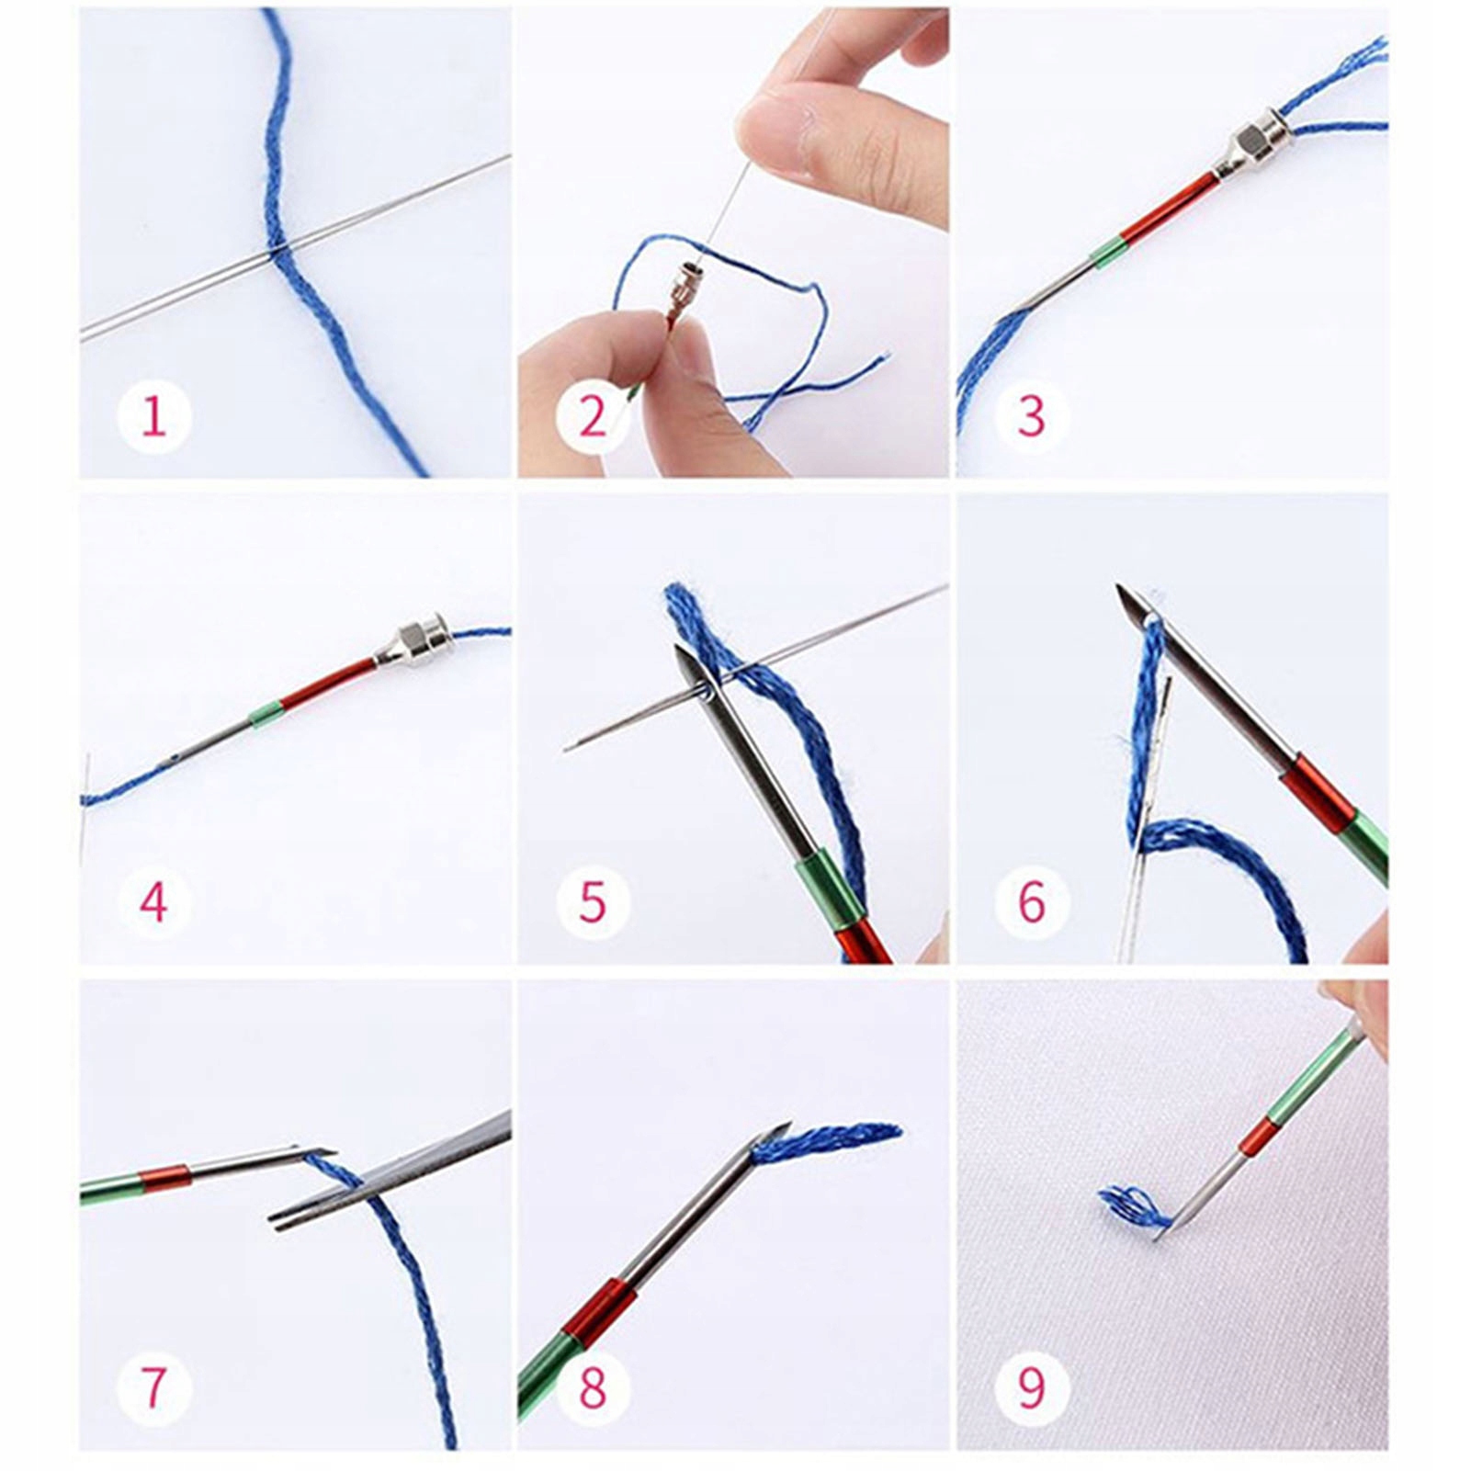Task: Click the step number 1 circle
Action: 153,416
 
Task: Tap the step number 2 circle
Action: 594,416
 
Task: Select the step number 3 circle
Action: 1032,416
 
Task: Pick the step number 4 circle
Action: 153,901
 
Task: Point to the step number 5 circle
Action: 594,901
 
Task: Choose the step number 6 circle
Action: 1032,901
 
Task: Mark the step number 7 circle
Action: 153,1386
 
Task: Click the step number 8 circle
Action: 594,1386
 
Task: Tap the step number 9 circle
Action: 1032,1386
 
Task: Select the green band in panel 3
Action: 1107,251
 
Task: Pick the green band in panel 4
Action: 266,714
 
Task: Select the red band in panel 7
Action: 165,1177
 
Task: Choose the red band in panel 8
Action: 599,1311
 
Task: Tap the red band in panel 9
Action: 1257,1137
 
